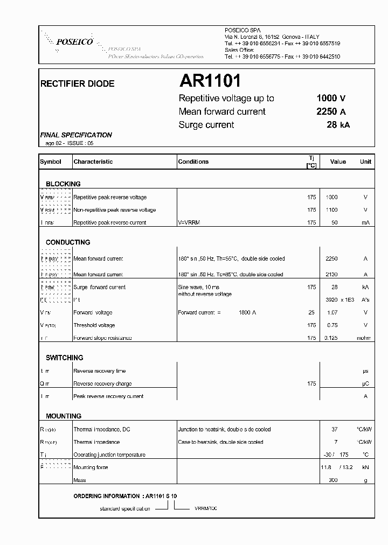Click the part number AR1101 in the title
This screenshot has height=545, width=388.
point(210,81)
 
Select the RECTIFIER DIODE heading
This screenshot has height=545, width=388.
point(78,84)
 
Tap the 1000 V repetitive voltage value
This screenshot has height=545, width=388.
point(330,98)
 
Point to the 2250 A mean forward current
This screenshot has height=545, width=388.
point(330,111)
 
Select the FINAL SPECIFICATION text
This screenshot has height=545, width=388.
point(76,135)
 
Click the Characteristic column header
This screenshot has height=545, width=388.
point(93,162)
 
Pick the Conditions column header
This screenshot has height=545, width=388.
point(193,162)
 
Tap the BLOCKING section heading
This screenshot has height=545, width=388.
point(63,184)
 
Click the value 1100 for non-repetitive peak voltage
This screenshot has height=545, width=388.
point(331,210)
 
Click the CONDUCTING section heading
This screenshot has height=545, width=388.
point(68,242)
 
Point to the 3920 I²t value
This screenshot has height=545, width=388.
point(331,300)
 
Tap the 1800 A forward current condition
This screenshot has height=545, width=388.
point(247,312)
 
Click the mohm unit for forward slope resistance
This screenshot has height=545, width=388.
point(364,338)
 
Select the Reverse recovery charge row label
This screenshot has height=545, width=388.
point(102,384)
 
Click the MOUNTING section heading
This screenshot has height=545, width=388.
point(64,416)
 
